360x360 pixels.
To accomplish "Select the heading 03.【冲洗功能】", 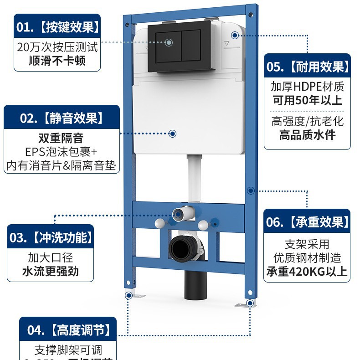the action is tap(51, 237).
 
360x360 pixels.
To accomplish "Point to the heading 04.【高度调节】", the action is tap(67, 329).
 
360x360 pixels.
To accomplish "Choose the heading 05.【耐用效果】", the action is tap(308, 67).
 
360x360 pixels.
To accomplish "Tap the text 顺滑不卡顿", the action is tap(57, 60).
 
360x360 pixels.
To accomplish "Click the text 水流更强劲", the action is tap(50, 271).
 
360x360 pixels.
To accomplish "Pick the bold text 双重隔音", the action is tap(61, 137).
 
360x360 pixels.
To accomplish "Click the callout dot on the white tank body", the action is tap(172, 134).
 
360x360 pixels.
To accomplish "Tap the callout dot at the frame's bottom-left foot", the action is tap(129, 295).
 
